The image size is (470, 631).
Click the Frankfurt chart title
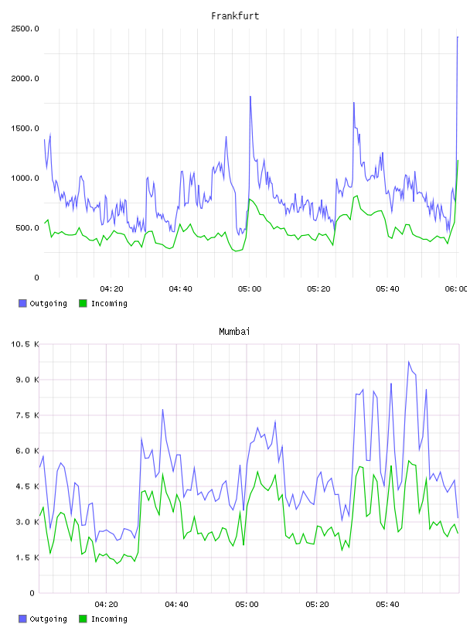point(235,16)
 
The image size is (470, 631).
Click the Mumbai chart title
point(234,332)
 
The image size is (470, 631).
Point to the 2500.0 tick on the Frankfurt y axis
point(25,29)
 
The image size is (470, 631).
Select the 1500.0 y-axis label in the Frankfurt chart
point(25,128)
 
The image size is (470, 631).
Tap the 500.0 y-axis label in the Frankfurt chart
point(27,228)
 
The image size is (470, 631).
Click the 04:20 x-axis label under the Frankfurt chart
point(111,289)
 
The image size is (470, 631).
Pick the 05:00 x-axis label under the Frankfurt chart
point(250,289)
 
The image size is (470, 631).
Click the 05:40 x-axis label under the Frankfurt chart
point(387,289)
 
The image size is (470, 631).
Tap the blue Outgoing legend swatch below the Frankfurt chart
point(22,303)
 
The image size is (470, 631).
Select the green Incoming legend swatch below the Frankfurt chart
point(83,303)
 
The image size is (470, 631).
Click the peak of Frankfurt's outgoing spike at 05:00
point(250,97)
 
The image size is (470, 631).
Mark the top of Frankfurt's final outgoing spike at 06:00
point(458,37)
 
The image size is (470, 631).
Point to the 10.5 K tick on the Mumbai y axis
point(25,344)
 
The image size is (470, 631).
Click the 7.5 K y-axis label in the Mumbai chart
point(27,415)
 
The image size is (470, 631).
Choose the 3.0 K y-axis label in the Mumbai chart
point(27,522)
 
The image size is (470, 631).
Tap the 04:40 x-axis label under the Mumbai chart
point(177,605)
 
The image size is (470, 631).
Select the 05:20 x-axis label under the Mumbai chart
point(317,605)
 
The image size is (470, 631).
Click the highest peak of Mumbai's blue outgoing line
point(409,362)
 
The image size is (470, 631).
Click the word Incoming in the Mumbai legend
point(109,619)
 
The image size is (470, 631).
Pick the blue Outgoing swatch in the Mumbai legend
point(22,619)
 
